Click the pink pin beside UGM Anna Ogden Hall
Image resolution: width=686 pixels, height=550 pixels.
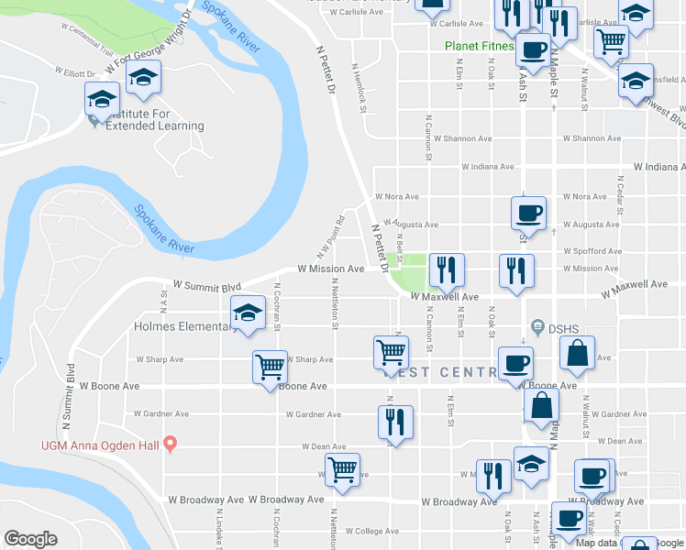[x=170, y=445]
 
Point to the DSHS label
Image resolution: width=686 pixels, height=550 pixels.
[x=560, y=327]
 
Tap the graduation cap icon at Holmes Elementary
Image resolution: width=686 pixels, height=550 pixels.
[x=248, y=314]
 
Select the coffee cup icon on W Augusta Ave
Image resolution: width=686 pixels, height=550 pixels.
[x=528, y=214]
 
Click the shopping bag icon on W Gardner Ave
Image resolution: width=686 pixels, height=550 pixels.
[x=541, y=406]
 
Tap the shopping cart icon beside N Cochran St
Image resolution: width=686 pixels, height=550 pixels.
[x=270, y=368]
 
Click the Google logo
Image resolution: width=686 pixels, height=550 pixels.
[x=30, y=539]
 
